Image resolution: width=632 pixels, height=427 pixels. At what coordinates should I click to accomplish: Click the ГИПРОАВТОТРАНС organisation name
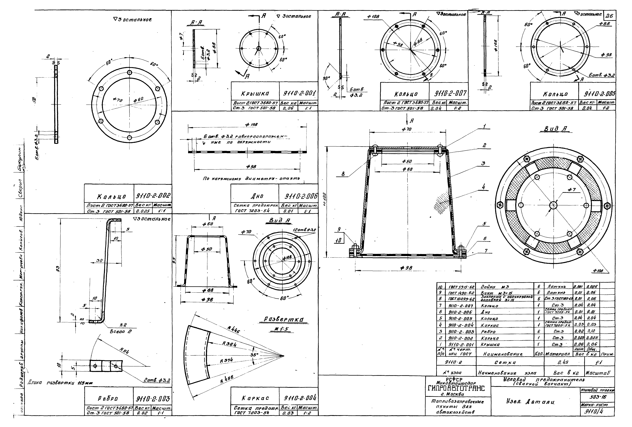point(458,388)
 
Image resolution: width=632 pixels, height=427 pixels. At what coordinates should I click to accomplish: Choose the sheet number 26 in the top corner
point(609,16)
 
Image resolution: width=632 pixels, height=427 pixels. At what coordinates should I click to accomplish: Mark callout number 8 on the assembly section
point(343,174)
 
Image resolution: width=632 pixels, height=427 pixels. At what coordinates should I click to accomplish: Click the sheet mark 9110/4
point(597,411)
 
